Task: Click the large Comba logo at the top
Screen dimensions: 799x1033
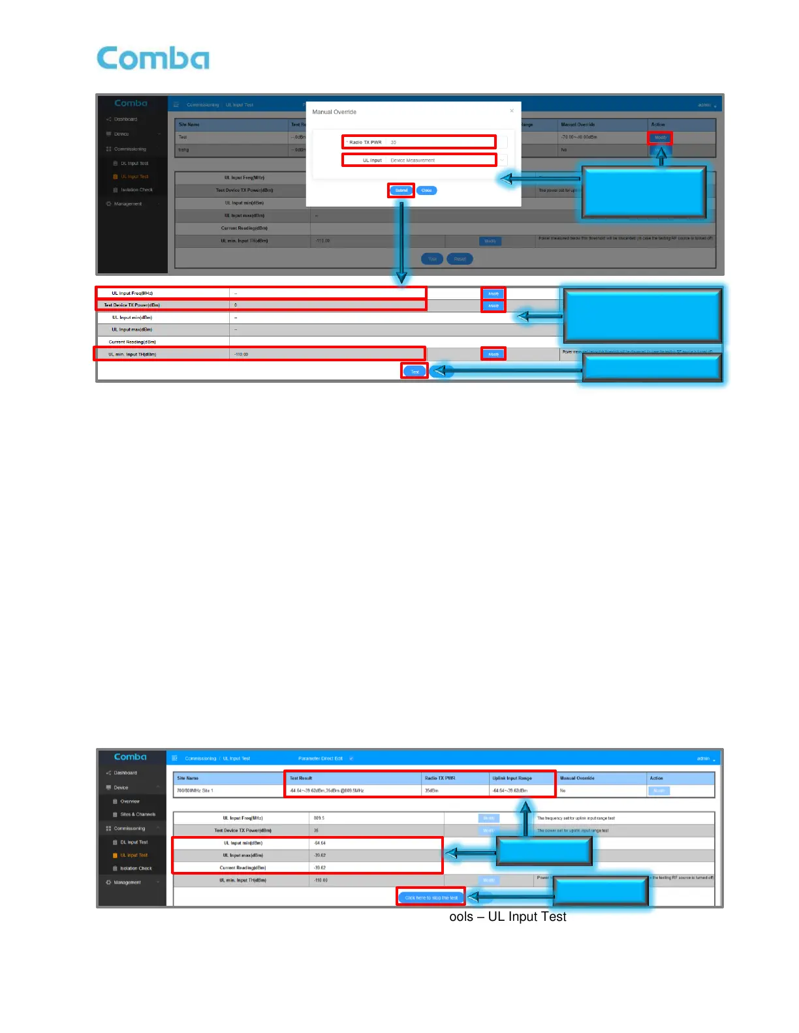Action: click(x=153, y=58)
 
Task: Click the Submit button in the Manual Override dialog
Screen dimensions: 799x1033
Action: click(x=401, y=190)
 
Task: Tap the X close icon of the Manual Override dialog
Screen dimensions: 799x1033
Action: click(x=512, y=111)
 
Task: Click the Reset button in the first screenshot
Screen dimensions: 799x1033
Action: click(x=460, y=259)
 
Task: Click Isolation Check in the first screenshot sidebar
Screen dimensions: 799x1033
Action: click(x=136, y=190)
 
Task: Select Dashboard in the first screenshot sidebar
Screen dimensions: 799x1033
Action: click(x=125, y=119)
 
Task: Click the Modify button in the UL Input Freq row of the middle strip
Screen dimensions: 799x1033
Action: click(x=493, y=293)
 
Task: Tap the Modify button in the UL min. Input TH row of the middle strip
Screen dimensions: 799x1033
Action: click(x=493, y=354)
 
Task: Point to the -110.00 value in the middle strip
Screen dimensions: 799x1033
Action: click(x=242, y=354)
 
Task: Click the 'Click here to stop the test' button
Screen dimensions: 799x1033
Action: click(x=431, y=897)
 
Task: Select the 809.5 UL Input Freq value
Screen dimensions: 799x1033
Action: click(x=319, y=818)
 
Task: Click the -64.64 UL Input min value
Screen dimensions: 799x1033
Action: click(x=320, y=843)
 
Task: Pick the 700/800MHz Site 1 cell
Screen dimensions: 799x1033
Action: click(x=195, y=790)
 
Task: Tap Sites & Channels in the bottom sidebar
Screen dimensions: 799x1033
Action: click(x=138, y=815)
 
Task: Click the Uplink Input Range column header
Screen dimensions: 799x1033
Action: click(x=512, y=778)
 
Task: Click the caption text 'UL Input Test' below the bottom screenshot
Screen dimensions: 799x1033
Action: click(x=527, y=916)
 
